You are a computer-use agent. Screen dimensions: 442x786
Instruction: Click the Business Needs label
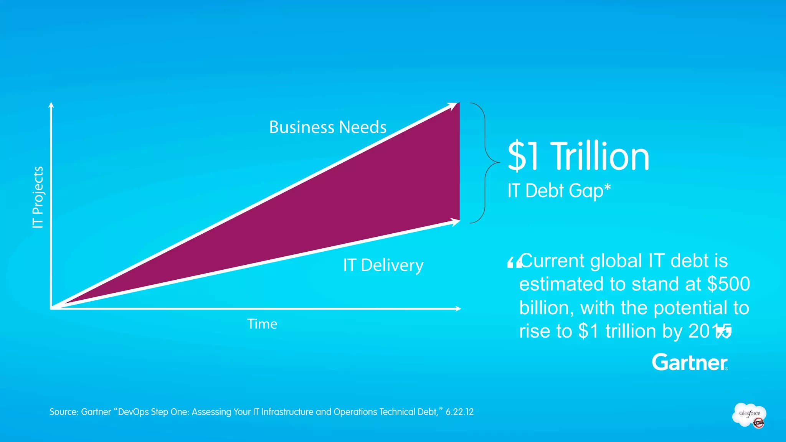tap(327, 127)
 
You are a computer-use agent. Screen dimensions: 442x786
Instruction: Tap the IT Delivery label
tap(383, 265)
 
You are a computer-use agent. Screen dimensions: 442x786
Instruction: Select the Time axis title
tap(262, 324)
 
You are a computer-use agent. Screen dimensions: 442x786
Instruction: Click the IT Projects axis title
tap(38, 198)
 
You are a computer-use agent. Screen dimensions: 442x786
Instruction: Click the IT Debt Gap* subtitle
tap(559, 191)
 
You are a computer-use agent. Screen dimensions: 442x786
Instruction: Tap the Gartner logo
tap(690, 362)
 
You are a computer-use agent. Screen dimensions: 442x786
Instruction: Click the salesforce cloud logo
tap(749, 415)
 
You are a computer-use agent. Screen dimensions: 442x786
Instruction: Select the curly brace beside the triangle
tap(485, 163)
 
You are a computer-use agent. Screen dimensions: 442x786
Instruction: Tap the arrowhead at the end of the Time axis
tap(457, 308)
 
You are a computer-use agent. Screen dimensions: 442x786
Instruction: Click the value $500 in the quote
tap(728, 284)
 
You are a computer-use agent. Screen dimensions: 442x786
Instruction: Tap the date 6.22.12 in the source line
tap(459, 412)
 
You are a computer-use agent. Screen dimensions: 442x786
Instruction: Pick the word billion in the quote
tap(546, 308)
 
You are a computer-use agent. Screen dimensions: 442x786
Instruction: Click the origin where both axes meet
tap(51, 308)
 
